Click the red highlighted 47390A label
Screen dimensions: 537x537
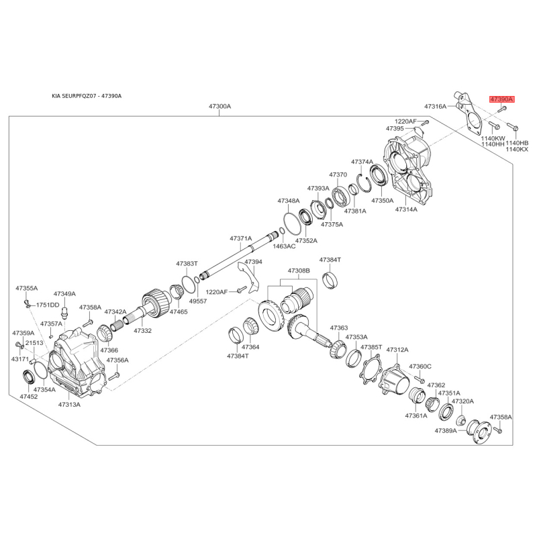pyautogui.click(x=501, y=99)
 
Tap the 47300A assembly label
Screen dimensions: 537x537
pyautogui.click(x=220, y=107)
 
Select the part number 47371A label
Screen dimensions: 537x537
pyautogui.click(x=241, y=238)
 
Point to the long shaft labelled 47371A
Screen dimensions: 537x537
pyautogui.click(x=239, y=254)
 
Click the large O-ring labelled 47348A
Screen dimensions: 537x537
pyautogui.click(x=293, y=224)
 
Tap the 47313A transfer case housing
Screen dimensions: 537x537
pyautogui.click(x=76, y=362)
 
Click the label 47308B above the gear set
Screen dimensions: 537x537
pyautogui.click(x=299, y=271)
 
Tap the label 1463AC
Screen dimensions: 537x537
pyautogui.click(x=284, y=246)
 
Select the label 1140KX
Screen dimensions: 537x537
pyautogui.click(x=517, y=149)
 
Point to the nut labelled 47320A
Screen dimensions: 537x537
pyautogui.click(x=462, y=420)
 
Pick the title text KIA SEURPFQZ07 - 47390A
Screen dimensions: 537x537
pyautogui.click(x=87, y=96)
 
